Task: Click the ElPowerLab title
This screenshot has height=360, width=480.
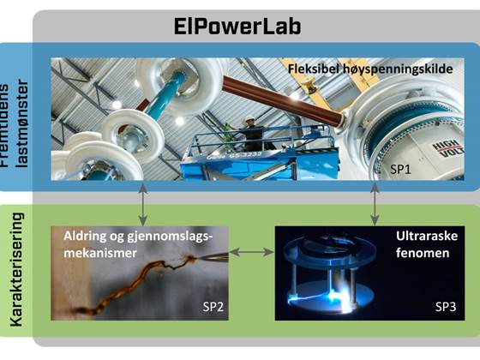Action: (240, 27)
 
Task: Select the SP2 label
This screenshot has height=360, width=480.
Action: (213, 307)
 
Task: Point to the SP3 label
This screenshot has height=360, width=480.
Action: (447, 307)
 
